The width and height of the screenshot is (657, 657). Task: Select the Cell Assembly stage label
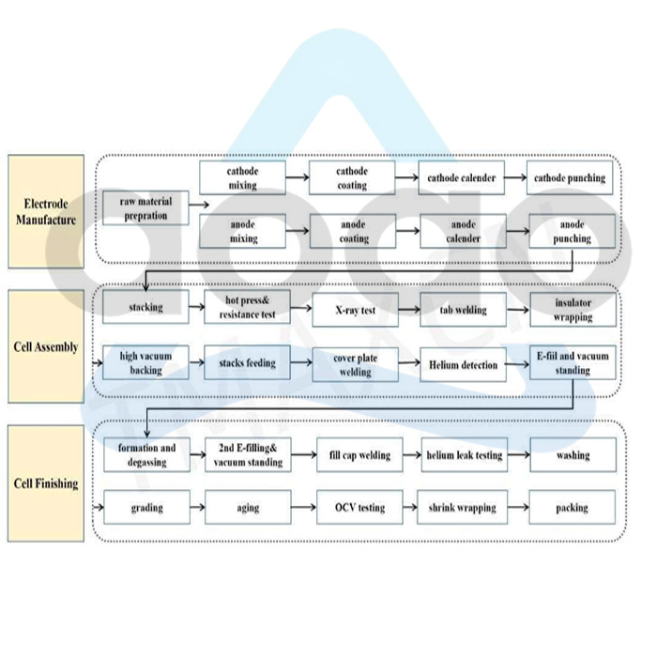[x=46, y=347]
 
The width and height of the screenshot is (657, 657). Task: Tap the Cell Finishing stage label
[x=46, y=484]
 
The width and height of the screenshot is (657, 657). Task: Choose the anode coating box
[x=353, y=232]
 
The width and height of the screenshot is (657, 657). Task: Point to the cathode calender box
[x=463, y=178]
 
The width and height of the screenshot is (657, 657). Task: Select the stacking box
[x=145, y=308]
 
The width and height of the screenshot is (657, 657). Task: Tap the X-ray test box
[x=355, y=308]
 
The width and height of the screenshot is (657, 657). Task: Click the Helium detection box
[x=464, y=364]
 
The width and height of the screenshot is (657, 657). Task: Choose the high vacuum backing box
[x=145, y=363]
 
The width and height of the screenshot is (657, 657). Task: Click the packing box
[x=572, y=508]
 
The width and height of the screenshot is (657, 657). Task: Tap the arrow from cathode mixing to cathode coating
[x=297, y=178]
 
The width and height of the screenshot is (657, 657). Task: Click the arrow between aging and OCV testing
[x=302, y=508]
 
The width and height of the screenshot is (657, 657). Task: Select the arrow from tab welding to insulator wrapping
[x=518, y=308]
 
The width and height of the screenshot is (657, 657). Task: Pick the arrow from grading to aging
[x=196, y=508]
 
